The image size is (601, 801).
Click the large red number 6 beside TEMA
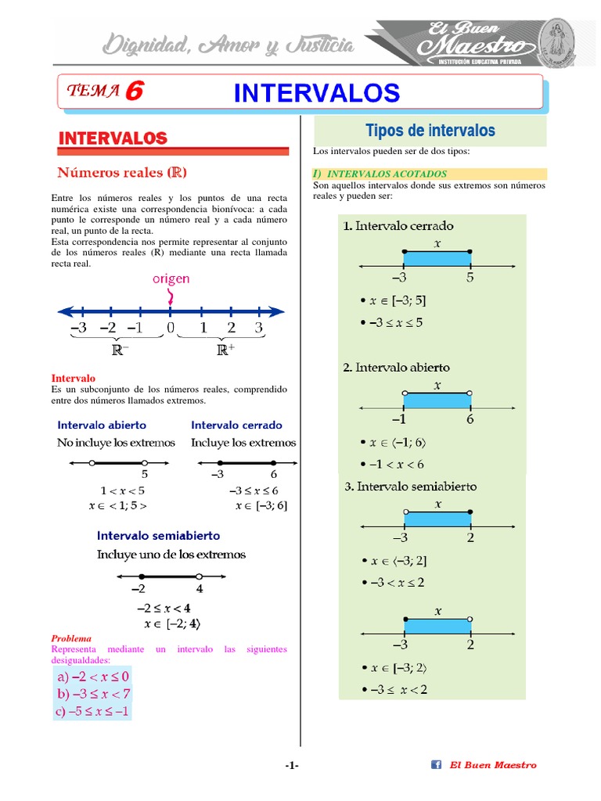[x=134, y=91]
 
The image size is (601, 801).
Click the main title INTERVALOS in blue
[x=317, y=93]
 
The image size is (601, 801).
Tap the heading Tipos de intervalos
[x=430, y=131]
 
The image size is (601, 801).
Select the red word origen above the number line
[x=171, y=278]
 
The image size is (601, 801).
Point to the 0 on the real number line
[x=171, y=328]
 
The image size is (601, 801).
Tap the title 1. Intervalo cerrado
[x=398, y=226]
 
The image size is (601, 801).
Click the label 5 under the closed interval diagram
[x=470, y=278]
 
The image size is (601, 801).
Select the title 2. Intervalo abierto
[x=396, y=367]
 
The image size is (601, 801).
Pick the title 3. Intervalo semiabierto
[x=410, y=487]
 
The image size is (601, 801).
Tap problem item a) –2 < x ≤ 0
[x=92, y=676]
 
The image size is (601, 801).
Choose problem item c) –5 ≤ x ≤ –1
[x=92, y=711]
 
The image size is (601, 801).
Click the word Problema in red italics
[x=71, y=638]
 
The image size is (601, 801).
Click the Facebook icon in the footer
[x=437, y=765]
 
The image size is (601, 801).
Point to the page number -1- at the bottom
[x=292, y=766]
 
